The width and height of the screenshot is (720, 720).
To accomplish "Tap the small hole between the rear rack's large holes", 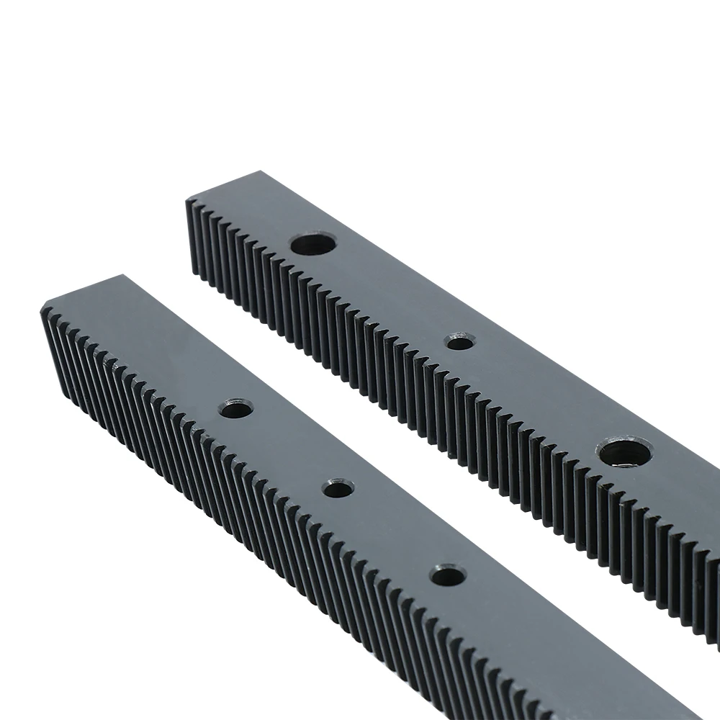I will pos(460,342).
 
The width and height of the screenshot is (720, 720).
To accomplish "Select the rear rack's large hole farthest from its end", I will pos(624,454).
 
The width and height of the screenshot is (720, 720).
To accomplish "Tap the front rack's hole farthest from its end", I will pos(447,575).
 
